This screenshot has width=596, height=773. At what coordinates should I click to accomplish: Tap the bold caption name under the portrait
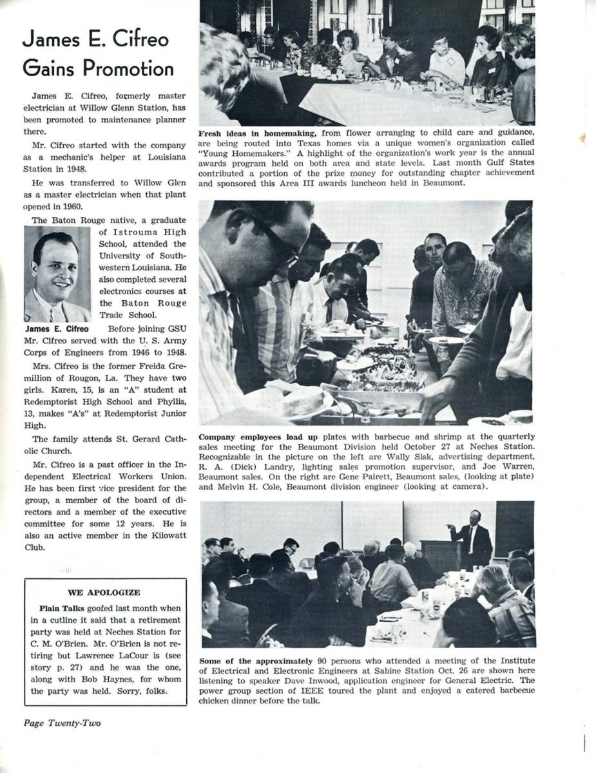tap(57, 329)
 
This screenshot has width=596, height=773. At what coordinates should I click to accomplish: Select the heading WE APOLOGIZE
tap(104, 592)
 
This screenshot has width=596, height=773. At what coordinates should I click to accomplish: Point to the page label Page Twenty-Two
tap(62, 723)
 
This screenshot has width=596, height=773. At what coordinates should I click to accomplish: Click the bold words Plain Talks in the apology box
tap(62, 607)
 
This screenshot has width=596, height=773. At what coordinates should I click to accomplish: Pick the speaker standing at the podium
tap(475, 535)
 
